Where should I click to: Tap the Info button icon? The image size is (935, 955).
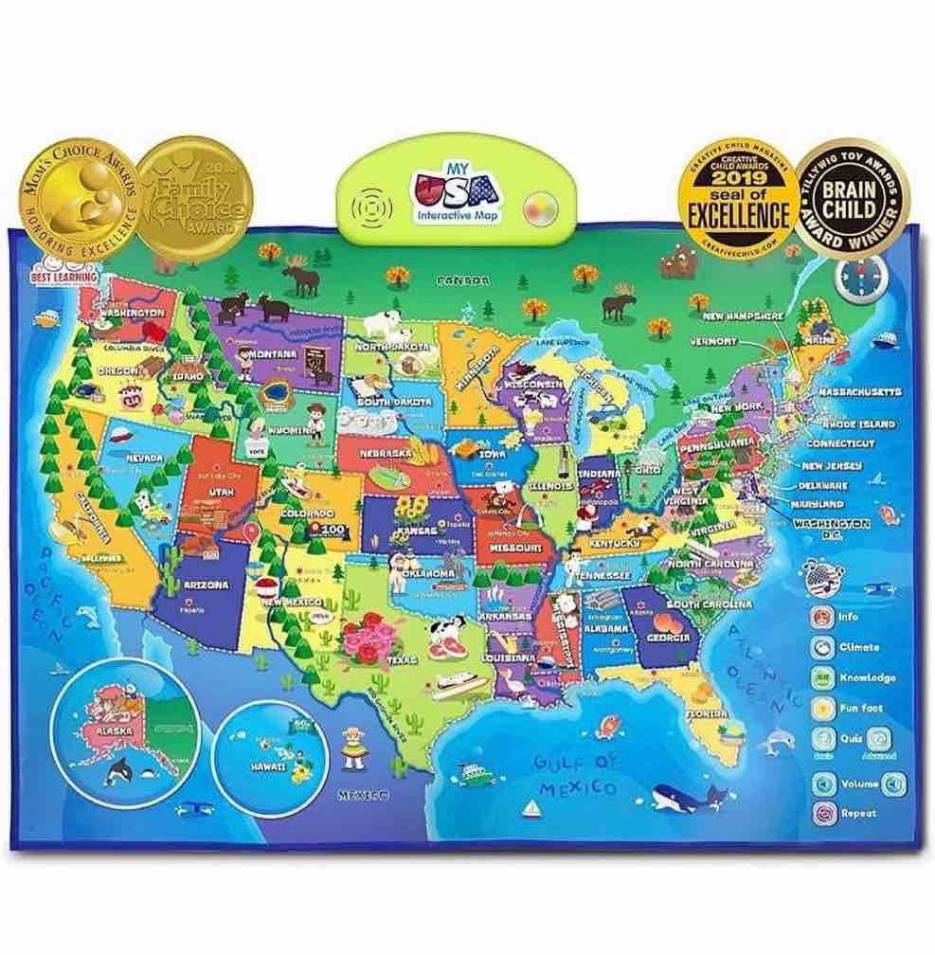820,617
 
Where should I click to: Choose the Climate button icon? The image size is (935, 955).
820,648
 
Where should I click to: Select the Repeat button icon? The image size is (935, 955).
820,813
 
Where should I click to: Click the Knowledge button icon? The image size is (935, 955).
820,678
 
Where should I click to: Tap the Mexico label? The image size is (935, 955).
364,797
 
